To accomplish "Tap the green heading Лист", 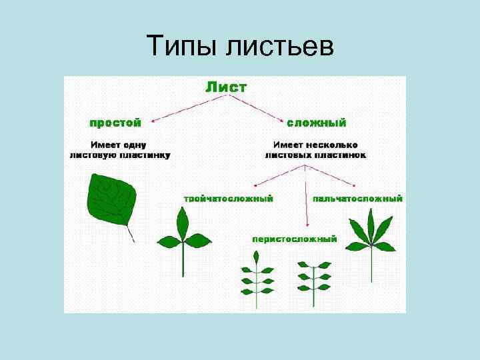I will pyautogui.click(x=226, y=87).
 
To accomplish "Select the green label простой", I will pyautogui.click(x=116, y=123).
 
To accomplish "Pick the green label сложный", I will pyautogui.click(x=316, y=123).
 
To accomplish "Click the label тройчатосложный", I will pyautogui.click(x=229, y=198).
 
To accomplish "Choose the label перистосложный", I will pyautogui.click(x=294, y=238).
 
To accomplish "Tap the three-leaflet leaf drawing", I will pyautogui.click(x=182, y=237).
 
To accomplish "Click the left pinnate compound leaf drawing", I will pyautogui.click(x=257, y=277).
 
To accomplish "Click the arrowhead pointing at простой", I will pyautogui.click(x=154, y=121).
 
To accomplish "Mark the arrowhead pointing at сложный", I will pyautogui.click(x=281, y=122).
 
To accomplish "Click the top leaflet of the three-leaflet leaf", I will pyautogui.click(x=181, y=219).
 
